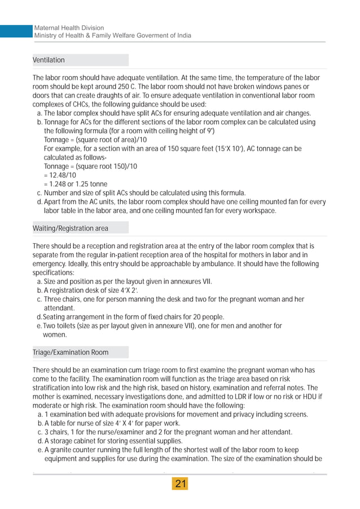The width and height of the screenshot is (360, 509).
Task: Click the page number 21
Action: coord(181,484)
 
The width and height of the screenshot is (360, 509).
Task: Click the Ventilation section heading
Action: coord(49,60)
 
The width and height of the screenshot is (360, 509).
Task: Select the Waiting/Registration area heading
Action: coord(71,229)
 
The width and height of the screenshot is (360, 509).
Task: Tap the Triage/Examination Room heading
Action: coord(71,353)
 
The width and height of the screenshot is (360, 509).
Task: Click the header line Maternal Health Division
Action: coord(69,28)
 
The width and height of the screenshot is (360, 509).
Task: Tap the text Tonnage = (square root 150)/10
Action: coord(90,166)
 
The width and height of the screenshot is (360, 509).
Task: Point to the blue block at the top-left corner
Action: coord(14,32)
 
